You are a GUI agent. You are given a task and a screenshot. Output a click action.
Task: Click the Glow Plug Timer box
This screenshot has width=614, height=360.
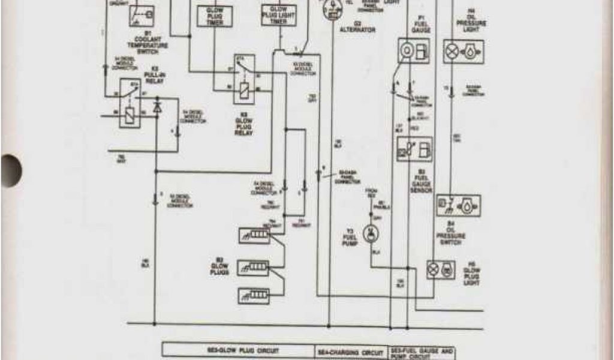[214, 16]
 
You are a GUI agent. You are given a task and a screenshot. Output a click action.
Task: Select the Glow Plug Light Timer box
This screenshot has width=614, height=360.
[279, 14]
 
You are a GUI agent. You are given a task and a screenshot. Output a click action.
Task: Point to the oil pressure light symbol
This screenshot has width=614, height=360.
[463, 52]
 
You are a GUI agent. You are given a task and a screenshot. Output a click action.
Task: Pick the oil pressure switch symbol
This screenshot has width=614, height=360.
[458, 206]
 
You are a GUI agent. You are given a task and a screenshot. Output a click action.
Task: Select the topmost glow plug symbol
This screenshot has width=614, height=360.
[254, 235]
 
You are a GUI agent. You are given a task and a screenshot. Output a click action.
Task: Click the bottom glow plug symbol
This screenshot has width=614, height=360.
[254, 294]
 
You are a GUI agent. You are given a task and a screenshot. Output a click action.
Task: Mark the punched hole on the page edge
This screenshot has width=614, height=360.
[10, 170]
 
